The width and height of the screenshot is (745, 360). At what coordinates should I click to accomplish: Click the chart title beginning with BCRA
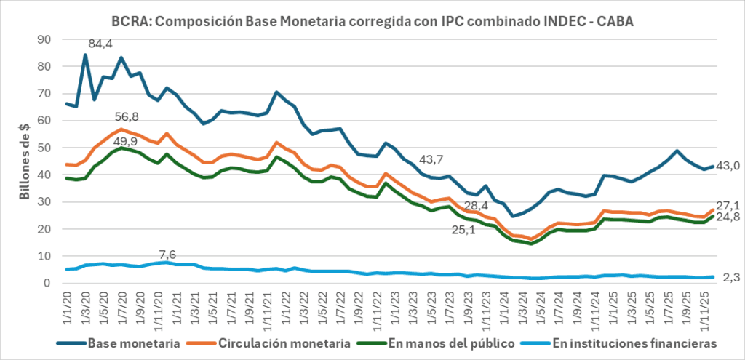[372, 22]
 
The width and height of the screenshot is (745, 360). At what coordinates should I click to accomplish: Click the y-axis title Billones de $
[23, 161]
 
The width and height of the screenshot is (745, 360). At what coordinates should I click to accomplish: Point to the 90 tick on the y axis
[46, 39]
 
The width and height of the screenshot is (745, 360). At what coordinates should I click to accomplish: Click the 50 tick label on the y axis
[46, 148]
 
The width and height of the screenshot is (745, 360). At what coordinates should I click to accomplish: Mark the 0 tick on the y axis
[49, 284]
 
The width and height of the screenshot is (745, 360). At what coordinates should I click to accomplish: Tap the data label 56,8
[128, 117]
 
